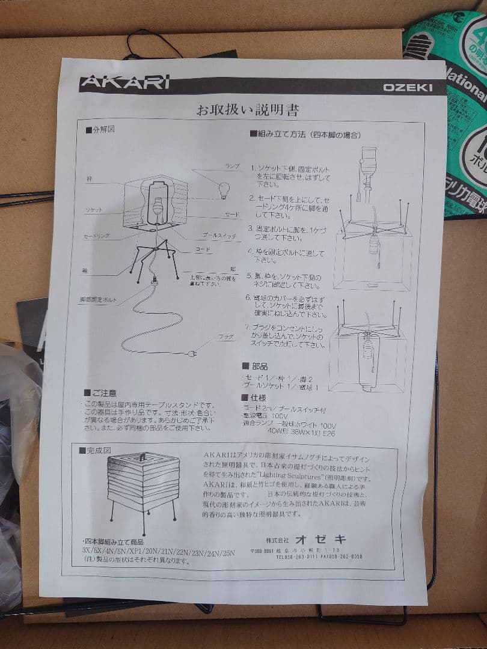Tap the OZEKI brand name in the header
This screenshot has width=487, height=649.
[408, 88]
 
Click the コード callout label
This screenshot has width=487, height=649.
[202, 248]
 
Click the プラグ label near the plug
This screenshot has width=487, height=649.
[225, 337]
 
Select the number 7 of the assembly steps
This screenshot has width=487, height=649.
[247, 327]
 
